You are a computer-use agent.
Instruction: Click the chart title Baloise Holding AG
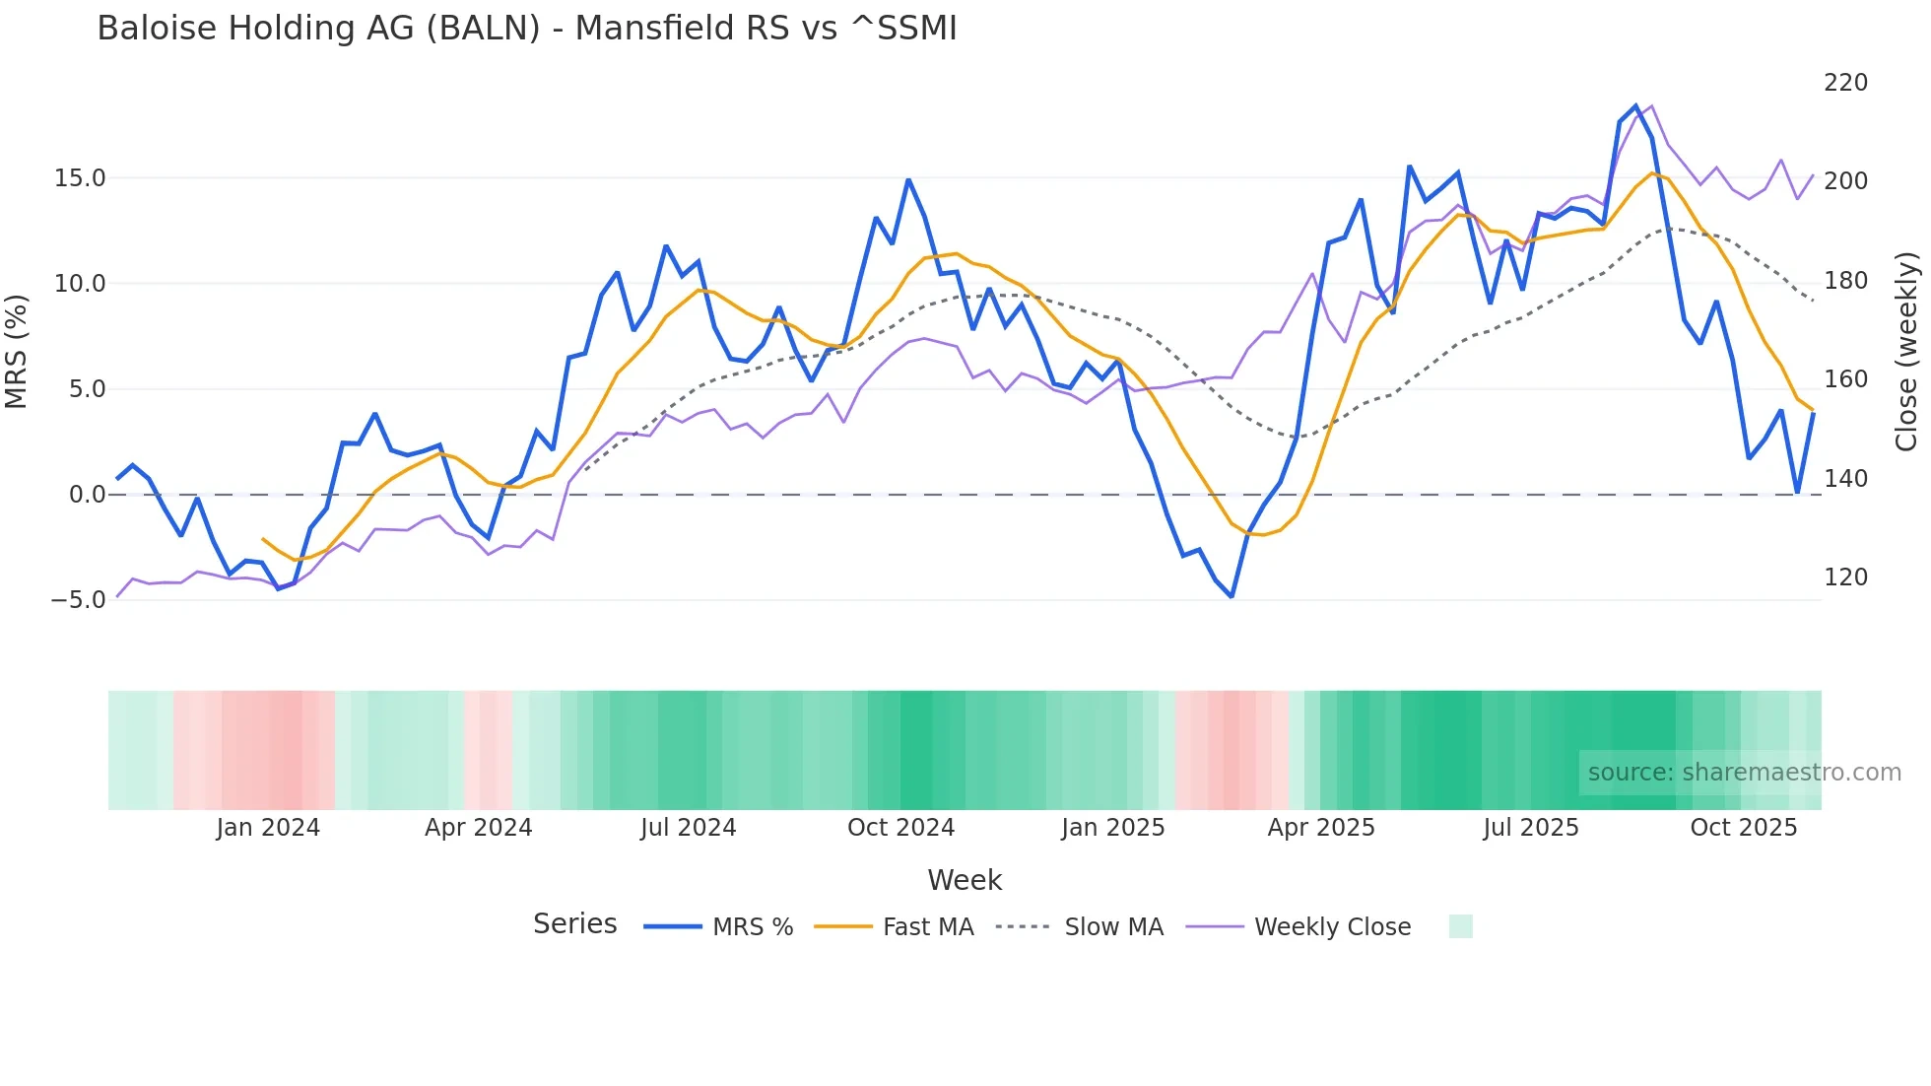(x=526, y=29)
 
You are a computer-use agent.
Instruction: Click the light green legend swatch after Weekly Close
(x=1460, y=926)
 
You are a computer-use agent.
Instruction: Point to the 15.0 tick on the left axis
(x=80, y=178)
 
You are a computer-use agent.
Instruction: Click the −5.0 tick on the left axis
(x=78, y=600)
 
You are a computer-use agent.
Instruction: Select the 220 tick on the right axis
(x=1845, y=83)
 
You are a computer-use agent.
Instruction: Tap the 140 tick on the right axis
(x=1845, y=479)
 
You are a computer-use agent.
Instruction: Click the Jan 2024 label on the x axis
(x=268, y=828)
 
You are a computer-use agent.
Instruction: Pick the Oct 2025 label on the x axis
(x=1743, y=828)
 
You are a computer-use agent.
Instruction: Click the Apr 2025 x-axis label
(x=1320, y=828)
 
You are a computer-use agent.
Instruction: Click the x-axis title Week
(x=965, y=880)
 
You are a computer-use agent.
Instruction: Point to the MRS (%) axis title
(x=17, y=351)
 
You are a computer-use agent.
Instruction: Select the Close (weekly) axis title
(x=1906, y=351)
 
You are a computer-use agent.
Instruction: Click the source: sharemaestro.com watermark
(x=1744, y=773)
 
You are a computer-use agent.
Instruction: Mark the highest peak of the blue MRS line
(x=1636, y=106)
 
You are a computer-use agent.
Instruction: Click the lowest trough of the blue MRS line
(x=1232, y=596)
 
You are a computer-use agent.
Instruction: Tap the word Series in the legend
(x=574, y=924)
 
